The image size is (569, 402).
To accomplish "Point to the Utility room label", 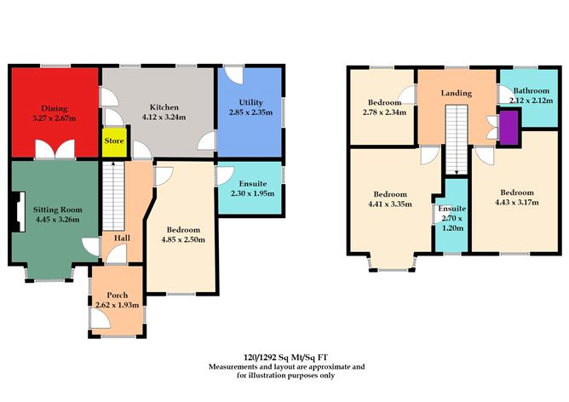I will click(250, 102).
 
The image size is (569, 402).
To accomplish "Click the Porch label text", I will click(117, 295).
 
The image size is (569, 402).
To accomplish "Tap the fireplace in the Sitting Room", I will click(15, 208).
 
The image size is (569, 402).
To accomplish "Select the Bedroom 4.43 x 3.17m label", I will click(515, 197).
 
